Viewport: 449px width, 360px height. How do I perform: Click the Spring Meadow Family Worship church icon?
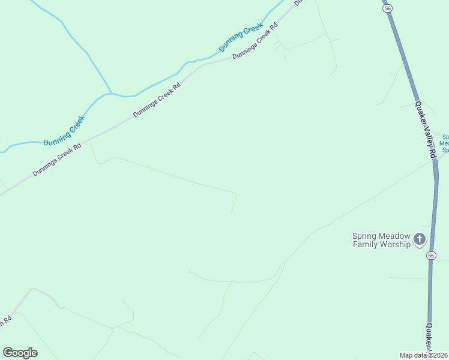click(x=419, y=240)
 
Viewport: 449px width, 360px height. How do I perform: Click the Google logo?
click(x=20, y=353)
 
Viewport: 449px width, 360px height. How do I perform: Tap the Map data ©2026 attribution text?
click(x=423, y=355)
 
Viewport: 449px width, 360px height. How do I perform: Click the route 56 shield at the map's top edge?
click(x=388, y=8)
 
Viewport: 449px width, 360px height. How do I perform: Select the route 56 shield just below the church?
click(x=430, y=256)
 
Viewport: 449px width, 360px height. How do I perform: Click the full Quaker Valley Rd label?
click(x=424, y=129)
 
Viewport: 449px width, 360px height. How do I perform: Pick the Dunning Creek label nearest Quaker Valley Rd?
click(x=241, y=38)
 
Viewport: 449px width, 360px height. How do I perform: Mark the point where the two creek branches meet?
click(x=111, y=94)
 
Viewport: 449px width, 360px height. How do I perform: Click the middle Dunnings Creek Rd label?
click(x=157, y=100)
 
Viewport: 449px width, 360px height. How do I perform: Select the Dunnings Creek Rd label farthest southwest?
click(x=56, y=158)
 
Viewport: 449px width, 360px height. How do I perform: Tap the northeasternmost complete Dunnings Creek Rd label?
click(x=256, y=41)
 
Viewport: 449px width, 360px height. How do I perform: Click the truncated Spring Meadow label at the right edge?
click(x=445, y=143)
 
